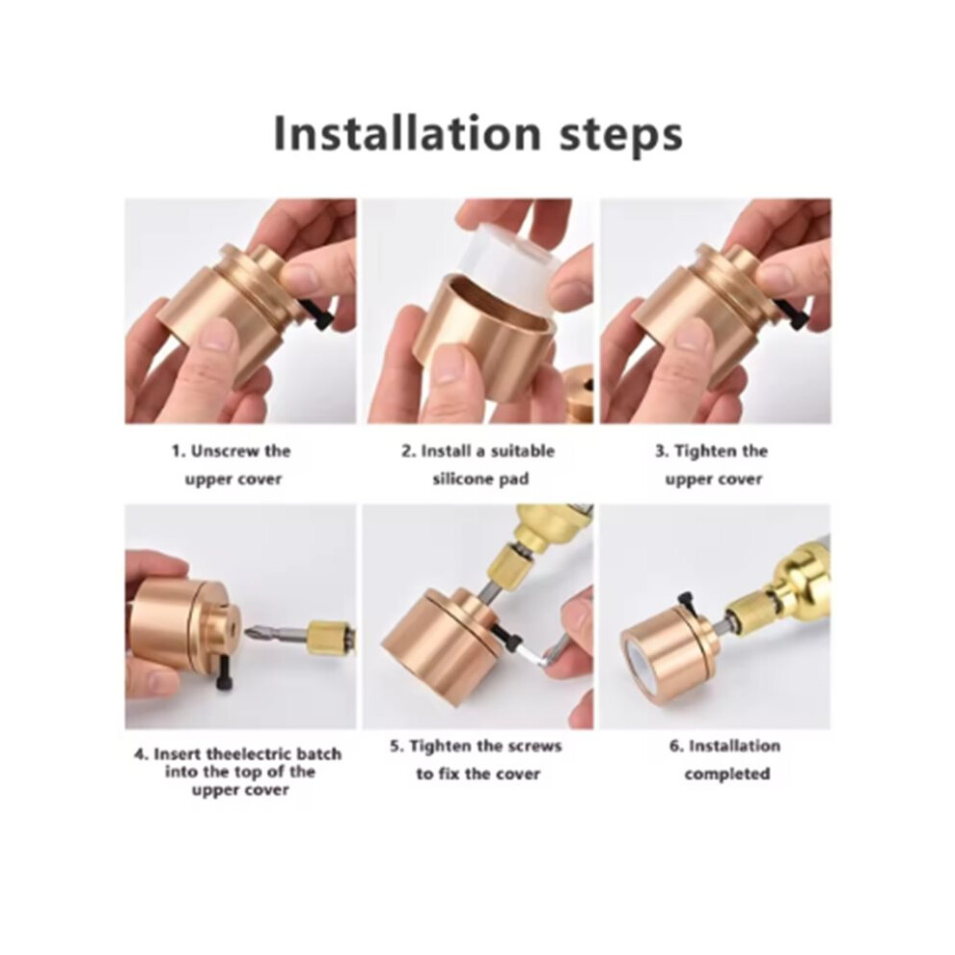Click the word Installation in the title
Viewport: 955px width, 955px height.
(407, 133)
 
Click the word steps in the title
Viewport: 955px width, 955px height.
(620, 136)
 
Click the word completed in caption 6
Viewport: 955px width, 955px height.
(726, 774)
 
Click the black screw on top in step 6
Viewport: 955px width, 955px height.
(688, 604)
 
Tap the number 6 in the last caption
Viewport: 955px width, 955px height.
(673, 747)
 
